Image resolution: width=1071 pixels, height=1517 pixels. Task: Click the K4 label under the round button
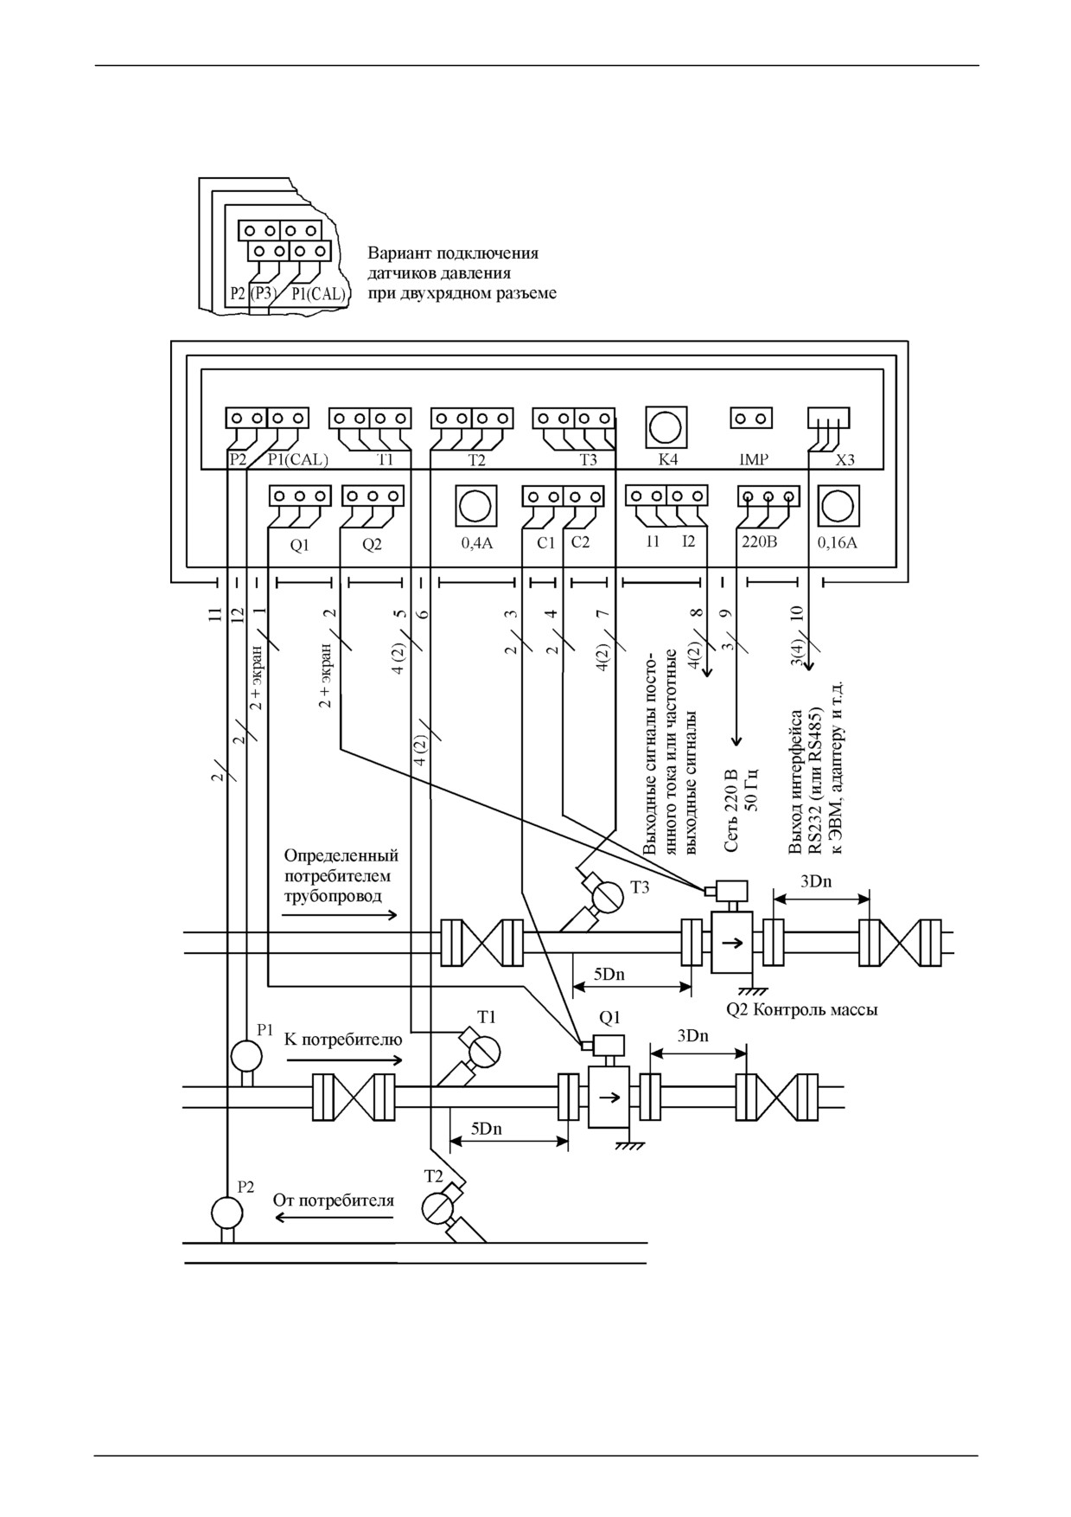[x=668, y=459]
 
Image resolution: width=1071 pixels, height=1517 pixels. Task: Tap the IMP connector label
[x=754, y=459]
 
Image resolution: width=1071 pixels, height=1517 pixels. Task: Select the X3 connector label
[x=845, y=459]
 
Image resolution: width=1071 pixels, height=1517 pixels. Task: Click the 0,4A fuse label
[x=475, y=545]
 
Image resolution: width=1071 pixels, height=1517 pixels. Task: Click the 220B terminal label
[x=761, y=545]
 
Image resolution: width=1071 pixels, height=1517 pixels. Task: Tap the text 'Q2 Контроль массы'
[x=802, y=1009]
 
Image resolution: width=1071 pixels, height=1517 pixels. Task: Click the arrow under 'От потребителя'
[x=335, y=1218]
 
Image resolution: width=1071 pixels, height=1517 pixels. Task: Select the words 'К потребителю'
[x=343, y=1039]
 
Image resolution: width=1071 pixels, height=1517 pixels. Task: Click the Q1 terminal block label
[x=299, y=546]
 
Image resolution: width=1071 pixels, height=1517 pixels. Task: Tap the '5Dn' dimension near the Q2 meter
[x=609, y=975]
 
